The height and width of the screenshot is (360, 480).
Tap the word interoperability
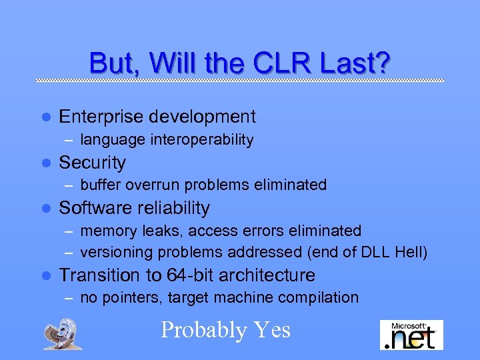tap(203, 139)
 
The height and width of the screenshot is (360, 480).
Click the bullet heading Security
tap(92, 162)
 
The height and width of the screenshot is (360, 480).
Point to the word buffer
tap(99, 185)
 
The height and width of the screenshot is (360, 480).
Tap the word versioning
tap(115, 253)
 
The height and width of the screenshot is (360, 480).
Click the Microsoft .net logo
tap(411, 334)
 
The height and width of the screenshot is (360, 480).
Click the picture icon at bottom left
tap(63, 333)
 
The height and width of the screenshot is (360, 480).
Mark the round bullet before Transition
tap(45, 275)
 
